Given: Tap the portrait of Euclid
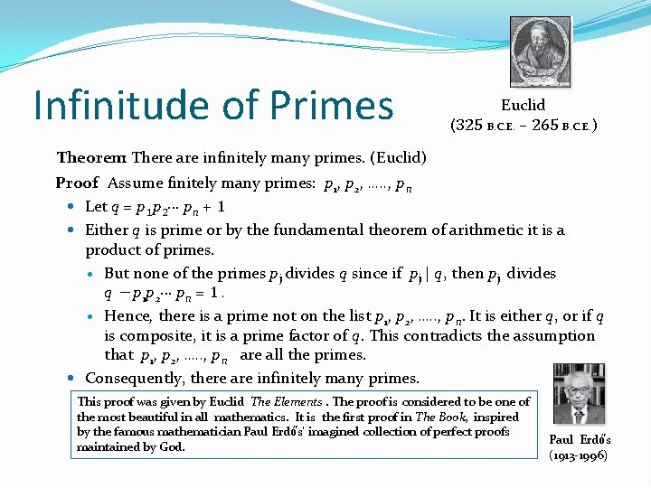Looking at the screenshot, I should click(x=540, y=52).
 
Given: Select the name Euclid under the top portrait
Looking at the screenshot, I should click(x=523, y=105).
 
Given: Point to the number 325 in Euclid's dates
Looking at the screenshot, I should click(x=467, y=125).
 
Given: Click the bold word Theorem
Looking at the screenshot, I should click(x=93, y=158).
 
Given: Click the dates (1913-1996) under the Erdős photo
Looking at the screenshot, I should click(x=579, y=455).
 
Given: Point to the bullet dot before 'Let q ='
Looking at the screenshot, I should click(x=71, y=207).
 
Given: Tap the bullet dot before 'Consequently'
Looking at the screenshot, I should click(x=71, y=378).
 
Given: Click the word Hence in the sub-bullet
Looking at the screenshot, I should click(x=127, y=316).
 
